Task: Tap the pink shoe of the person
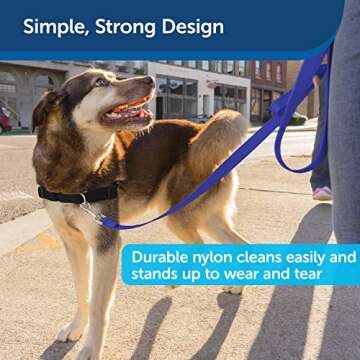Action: point(322,192)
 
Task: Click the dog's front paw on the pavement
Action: point(70,331)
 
